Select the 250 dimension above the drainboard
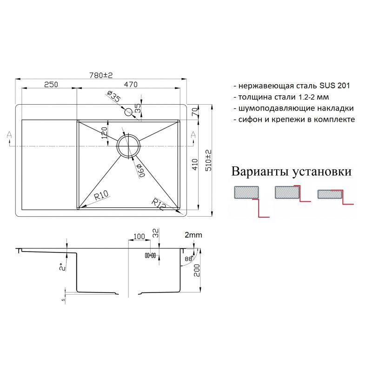tap(50, 85)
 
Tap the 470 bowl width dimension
tap(131, 85)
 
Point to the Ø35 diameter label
tap(113, 97)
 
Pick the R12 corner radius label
tap(159, 204)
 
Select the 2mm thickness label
tap(193, 236)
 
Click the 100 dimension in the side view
tap(139, 237)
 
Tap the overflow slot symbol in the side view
tap(150, 255)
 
